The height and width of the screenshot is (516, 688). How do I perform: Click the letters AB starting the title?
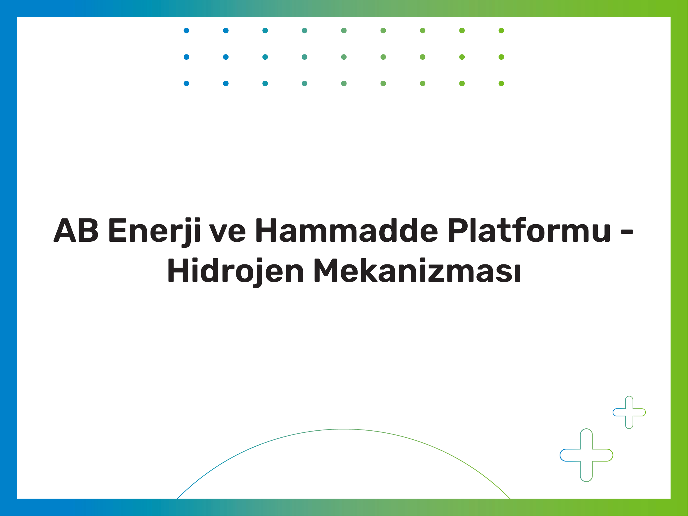coord(76,230)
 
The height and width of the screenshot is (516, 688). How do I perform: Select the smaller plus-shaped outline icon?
coord(629,412)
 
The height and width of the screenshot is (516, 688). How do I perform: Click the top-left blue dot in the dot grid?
coord(186,31)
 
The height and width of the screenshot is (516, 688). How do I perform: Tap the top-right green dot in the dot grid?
coord(501,31)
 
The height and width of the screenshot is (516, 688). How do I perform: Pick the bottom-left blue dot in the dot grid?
coord(186,83)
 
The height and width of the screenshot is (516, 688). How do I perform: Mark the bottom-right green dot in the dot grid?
coord(501,83)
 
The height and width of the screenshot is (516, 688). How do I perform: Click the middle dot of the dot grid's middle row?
coord(344,57)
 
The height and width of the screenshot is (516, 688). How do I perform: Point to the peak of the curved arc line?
coord(344,429)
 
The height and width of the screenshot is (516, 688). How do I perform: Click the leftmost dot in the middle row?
coord(186,57)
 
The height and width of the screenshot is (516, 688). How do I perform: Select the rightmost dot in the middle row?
coord(501,57)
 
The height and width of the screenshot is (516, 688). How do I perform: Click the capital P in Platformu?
coord(459,230)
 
